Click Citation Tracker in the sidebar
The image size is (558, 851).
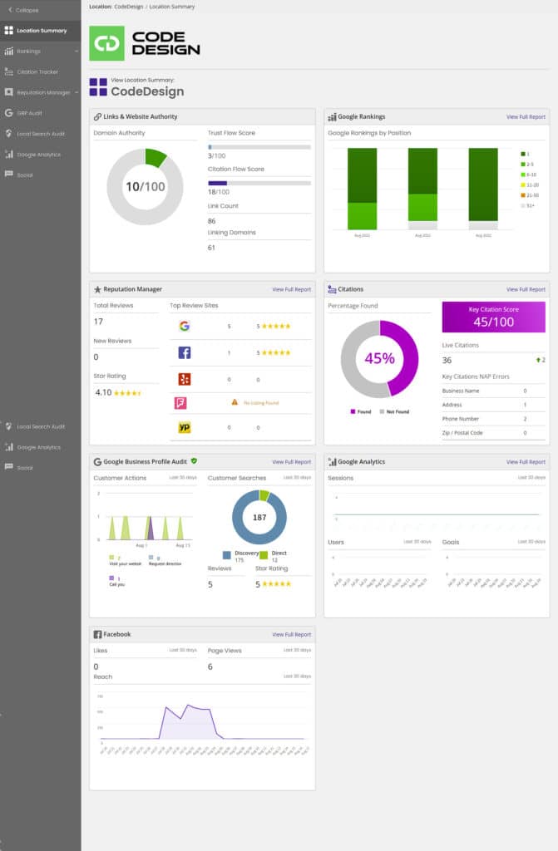37,71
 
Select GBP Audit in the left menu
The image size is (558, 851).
29,112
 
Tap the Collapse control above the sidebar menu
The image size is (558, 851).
27,10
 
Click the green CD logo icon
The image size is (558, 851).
106,43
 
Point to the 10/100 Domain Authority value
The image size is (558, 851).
145,187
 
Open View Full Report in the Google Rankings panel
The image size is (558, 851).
526,117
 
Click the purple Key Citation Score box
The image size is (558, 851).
493,317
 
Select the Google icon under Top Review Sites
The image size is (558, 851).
184,326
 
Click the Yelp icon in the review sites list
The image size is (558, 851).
184,379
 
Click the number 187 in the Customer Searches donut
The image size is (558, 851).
259,517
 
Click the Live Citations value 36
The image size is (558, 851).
447,360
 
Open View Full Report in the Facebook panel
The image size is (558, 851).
291,634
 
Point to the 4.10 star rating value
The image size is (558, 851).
103,391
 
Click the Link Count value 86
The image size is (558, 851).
212,221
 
